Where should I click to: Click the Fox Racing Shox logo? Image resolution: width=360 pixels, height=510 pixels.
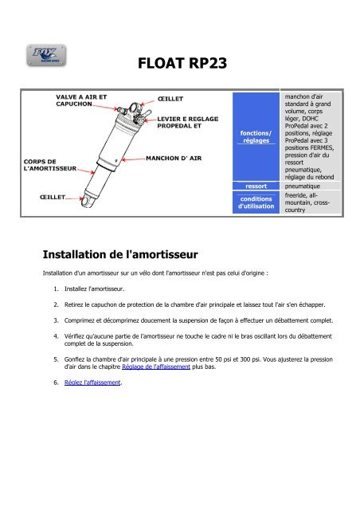click(x=46, y=55)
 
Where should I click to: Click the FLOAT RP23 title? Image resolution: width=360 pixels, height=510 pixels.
click(x=182, y=63)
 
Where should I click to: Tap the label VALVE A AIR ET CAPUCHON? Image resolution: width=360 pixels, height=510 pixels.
click(x=81, y=100)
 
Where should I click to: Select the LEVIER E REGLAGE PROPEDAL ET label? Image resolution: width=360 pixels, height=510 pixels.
click(x=188, y=122)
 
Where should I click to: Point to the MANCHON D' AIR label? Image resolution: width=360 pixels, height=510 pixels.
click(x=174, y=159)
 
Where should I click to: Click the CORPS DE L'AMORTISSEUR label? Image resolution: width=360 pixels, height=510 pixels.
click(x=50, y=165)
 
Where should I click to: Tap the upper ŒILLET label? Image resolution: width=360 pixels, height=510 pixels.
click(x=170, y=99)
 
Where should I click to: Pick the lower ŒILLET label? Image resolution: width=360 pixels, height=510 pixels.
click(x=53, y=197)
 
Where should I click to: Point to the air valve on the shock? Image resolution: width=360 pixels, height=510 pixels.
click(x=122, y=110)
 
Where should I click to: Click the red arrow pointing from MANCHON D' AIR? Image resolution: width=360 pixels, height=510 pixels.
click(x=133, y=159)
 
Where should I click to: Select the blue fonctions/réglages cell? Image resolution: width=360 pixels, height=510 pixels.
click(x=256, y=136)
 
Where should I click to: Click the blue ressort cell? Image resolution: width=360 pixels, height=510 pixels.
click(x=256, y=186)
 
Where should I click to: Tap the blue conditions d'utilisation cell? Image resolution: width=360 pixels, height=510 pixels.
click(x=256, y=202)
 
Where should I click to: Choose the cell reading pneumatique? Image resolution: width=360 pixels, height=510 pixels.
click(x=311, y=186)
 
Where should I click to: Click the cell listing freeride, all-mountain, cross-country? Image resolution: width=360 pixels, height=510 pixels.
click(x=311, y=202)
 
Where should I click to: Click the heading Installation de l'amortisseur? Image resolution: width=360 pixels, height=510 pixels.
click(x=120, y=254)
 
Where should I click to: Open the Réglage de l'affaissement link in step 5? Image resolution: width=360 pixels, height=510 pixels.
click(x=156, y=367)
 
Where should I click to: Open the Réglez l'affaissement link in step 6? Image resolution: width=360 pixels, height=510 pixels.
click(x=92, y=382)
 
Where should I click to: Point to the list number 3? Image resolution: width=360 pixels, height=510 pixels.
click(x=56, y=320)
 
